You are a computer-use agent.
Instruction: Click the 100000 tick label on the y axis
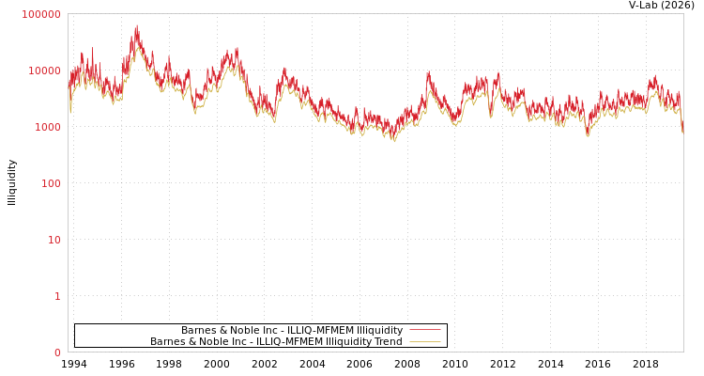(41, 14)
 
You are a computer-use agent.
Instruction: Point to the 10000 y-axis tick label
(44, 70)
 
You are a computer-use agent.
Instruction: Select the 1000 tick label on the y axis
(47, 127)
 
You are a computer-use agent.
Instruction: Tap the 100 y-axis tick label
(50, 183)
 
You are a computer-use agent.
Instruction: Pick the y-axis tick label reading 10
(54, 240)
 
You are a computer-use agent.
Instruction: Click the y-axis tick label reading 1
(57, 296)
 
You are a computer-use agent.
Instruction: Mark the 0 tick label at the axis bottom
(57, 352)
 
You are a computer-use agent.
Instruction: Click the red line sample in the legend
(424, 330)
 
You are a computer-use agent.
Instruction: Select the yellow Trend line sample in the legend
(424, 341)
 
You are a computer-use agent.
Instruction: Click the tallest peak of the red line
(137, 26)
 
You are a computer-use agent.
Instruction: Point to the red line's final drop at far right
(682, 127)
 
